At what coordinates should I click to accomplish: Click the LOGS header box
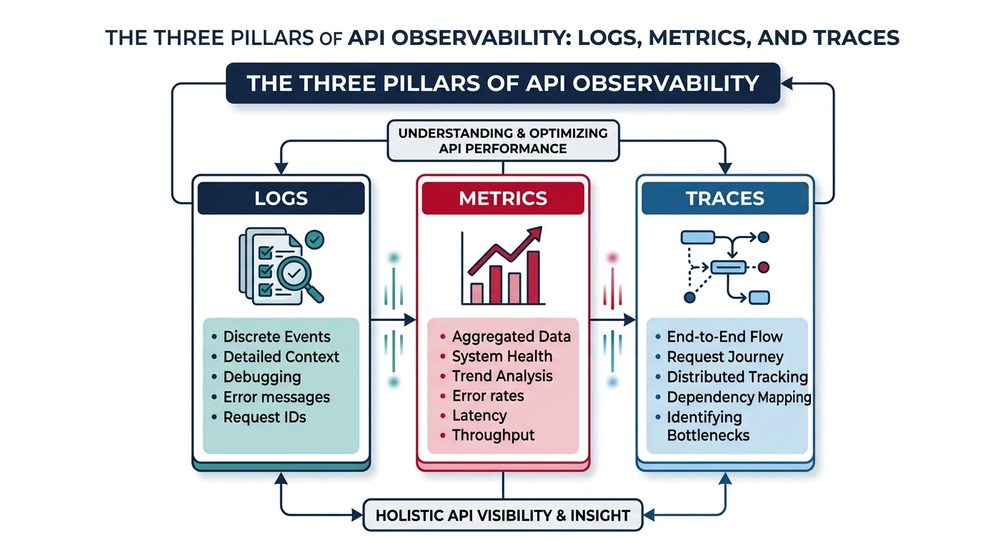click(x=281, y=198)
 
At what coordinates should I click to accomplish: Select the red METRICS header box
click(x=503, y=198)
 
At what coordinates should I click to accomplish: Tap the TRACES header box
click(x=724, y=198)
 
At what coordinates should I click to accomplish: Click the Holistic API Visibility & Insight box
click(x=503, y=515)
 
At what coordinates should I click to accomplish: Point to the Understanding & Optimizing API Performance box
click(x=503, y=141)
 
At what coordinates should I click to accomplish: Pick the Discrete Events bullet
click(x=277, y=337)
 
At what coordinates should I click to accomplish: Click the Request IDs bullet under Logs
click(x=264, y=417)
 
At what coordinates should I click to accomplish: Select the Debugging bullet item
click(x=262, y=377)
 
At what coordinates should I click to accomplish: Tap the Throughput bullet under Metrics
click(x=493, y=435)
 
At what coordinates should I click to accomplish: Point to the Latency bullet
click(x=479, y=415)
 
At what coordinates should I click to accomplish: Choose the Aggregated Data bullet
click(x=511, y=337)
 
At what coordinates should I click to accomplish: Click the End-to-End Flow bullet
click(x=724, y=337)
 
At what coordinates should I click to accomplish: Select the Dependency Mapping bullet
click(x=738, y=397)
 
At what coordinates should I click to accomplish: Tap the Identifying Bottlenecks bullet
click(x=707, y=426)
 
